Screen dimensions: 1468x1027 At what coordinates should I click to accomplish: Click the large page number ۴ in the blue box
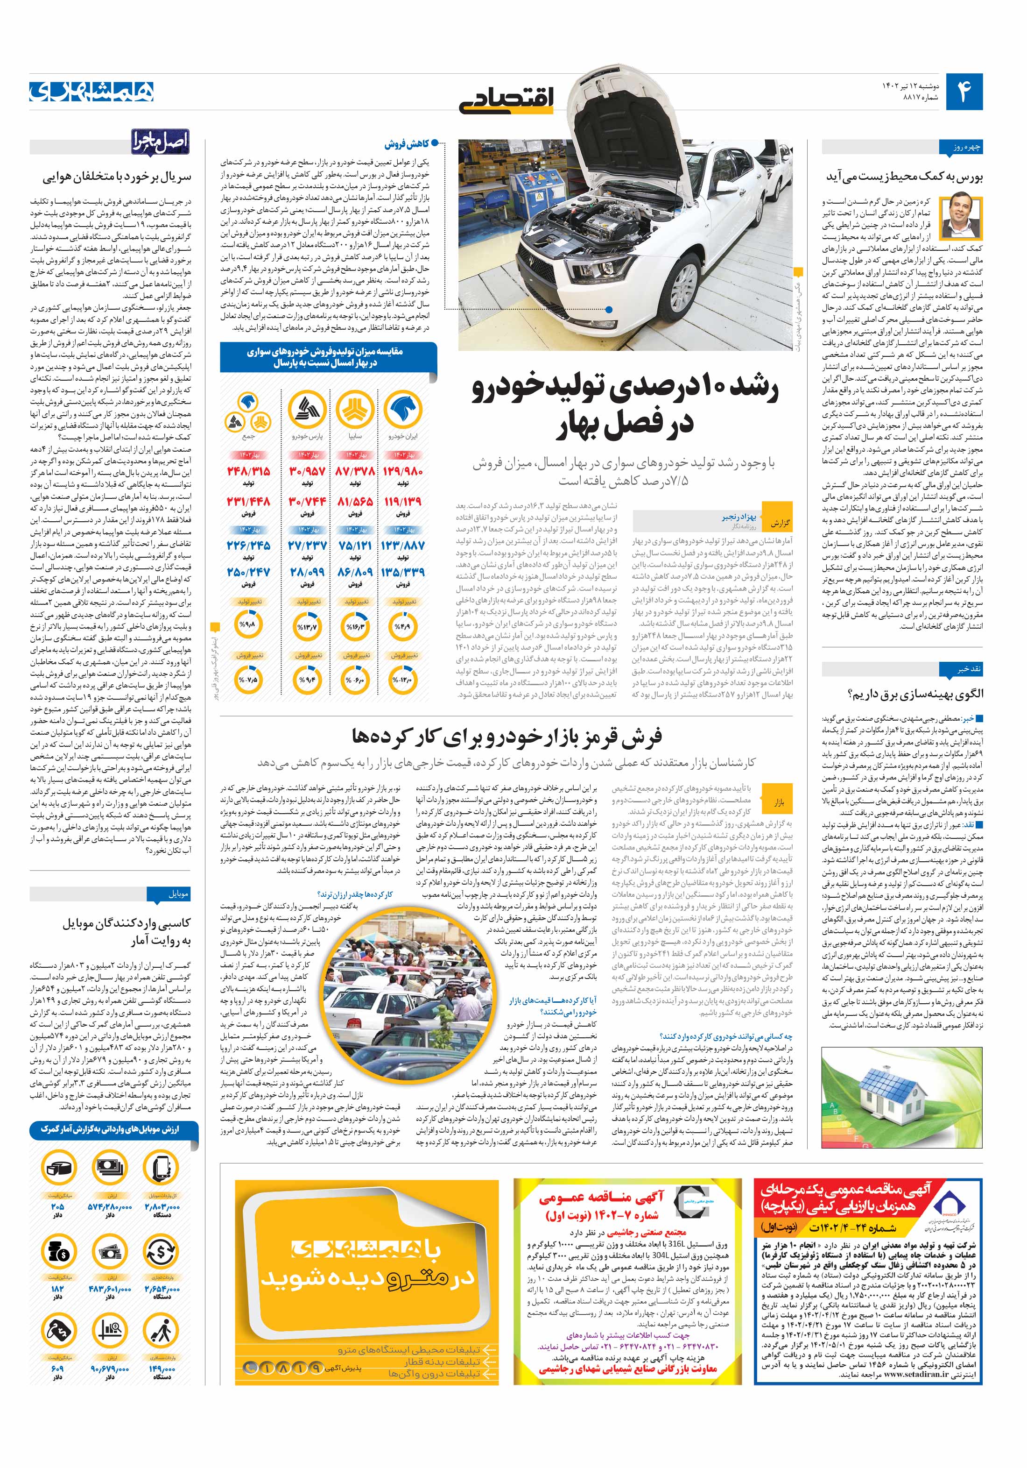click(x=964, y=92)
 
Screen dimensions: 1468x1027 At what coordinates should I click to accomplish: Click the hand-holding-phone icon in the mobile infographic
click(x=161, y=1168)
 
